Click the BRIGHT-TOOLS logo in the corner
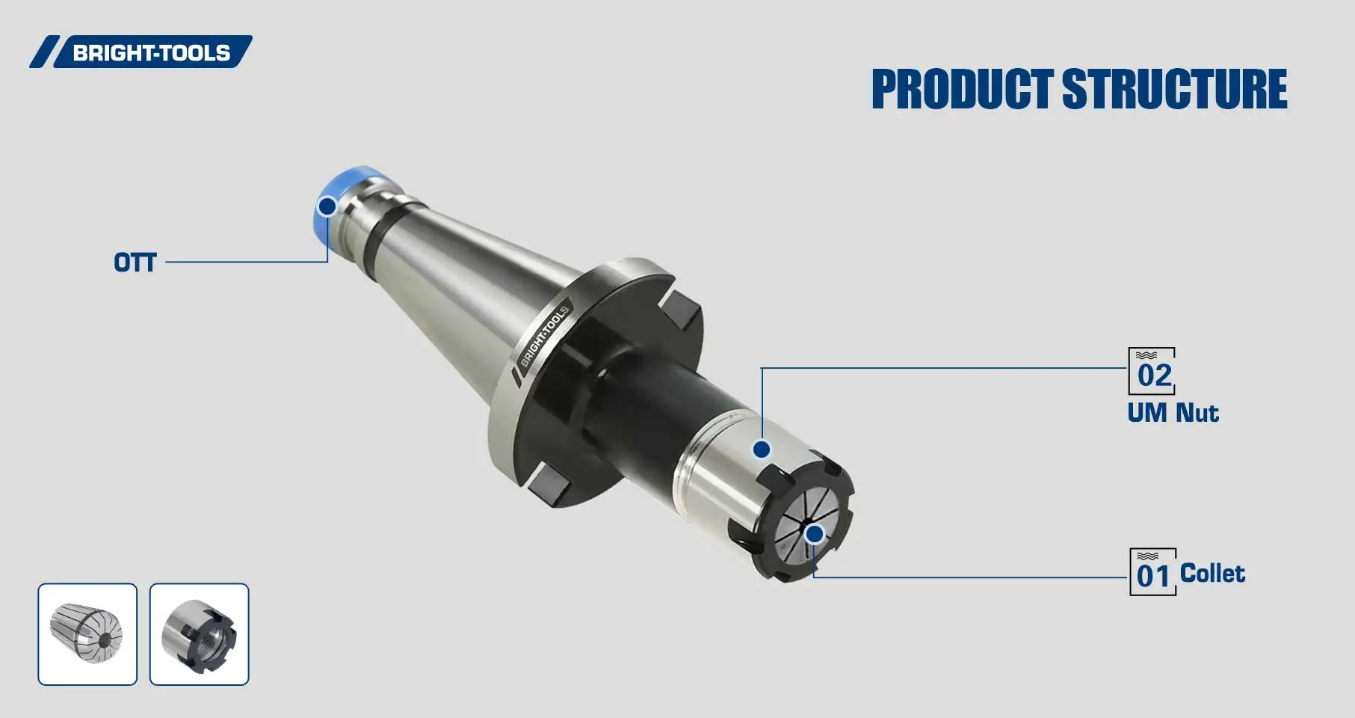click(x=142, y=52)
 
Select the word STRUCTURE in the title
click(x=1174, y=90)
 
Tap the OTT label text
click(x=135, y=263)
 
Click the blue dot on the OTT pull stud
click(x=327, y=206)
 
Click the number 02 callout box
click(x=1152, y=371)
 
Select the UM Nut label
click(x=1173, y=413)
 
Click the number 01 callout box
click(x=1152, y=572)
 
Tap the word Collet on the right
click(x=1212, y=574)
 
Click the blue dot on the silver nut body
click(x=762, y=449)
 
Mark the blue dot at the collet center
click(x=815, y=534)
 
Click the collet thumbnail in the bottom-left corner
click(x=87, y=634)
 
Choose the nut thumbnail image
click(x=199, y=634)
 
